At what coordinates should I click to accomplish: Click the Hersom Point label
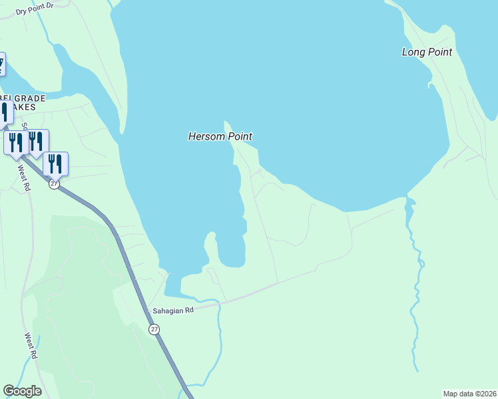220,136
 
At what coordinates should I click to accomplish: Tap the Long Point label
427,52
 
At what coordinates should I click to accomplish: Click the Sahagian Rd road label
172,310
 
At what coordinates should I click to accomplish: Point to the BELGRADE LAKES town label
23,102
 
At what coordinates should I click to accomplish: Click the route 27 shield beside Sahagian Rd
154,329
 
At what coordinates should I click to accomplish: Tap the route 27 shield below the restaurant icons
54,184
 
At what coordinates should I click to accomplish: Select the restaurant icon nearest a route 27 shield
55,163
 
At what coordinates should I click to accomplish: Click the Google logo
22,391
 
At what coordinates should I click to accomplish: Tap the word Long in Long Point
413,52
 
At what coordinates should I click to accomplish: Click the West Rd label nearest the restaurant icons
24,176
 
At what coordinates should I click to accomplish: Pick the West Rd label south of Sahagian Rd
31,346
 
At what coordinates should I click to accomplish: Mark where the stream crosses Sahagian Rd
218,303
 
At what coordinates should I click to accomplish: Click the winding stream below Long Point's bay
416,279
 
